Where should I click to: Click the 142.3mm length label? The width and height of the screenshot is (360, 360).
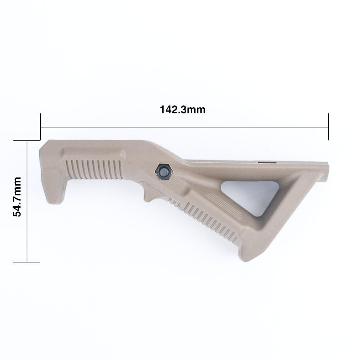(x=183, y=109)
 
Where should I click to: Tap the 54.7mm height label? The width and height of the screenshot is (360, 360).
(x=17, y=196)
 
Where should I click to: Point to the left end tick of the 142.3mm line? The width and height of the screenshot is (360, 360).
(x=40, y=127)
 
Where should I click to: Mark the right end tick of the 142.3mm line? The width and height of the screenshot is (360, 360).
(x=328, y=127)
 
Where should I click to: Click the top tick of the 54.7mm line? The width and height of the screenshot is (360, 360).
(x=27, y=141)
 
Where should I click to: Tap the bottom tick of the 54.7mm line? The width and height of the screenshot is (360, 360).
(x=27, y=262)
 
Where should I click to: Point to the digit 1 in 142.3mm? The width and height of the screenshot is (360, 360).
(x=162, y=109)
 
